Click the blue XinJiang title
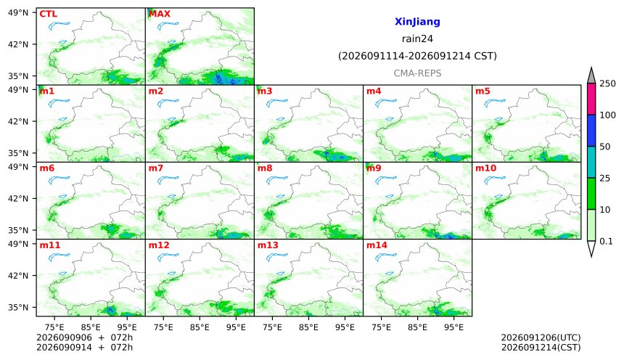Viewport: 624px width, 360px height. coord(417,22)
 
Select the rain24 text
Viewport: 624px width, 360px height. coord(417,38)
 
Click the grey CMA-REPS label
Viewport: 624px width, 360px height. coord(417,73)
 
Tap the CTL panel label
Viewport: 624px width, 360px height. coord(48,14)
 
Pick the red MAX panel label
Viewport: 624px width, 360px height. coord(159,14)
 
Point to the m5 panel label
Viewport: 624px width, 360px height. coord(483,91)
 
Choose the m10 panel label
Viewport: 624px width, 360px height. coord(485,168)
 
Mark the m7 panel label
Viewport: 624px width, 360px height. coord(155,168)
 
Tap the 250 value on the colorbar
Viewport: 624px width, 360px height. coord(608,83)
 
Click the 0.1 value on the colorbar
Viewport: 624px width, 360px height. coord(606,241)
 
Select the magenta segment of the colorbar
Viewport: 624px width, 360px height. coord(591,99)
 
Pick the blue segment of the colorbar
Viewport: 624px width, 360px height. coord(591,131)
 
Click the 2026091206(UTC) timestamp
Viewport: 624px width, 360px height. coord(541,337)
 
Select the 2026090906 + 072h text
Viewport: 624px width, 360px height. coord(84,337)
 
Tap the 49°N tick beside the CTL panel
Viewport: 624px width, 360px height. coord(18,13)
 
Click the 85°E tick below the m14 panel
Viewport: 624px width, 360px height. coord(417,327)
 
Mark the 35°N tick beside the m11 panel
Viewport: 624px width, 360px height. coord(18,308)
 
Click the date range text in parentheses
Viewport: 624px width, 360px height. coord(417,56)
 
